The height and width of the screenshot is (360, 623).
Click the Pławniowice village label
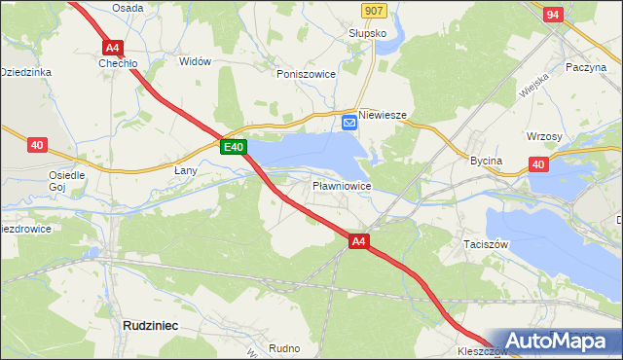[341, 184]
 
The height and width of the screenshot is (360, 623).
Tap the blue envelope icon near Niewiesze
[349, 122]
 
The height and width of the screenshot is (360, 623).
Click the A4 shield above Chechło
[111, 47]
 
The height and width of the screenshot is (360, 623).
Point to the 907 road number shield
[372, 10]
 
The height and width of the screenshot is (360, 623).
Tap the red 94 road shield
[553, 15]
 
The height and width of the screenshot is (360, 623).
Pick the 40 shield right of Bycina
[538, 164]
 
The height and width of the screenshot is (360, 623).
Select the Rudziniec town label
[150, 326]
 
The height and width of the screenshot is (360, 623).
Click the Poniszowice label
[306, 74]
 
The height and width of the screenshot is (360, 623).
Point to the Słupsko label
[368, 33]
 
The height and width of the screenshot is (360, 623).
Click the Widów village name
[196, 61]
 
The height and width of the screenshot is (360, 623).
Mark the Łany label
[186, 171]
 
